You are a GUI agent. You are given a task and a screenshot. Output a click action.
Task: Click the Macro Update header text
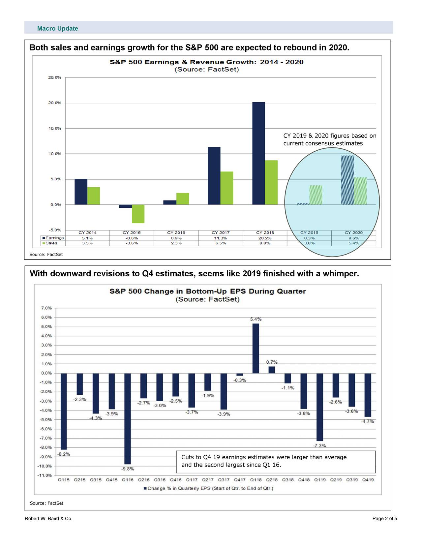click(57, 29)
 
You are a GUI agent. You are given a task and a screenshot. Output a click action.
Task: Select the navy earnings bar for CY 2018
click(258, 153)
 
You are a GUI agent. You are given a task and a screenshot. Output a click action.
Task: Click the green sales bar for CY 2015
click(138, 214)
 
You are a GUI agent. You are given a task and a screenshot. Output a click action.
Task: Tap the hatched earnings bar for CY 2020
click(347, 180)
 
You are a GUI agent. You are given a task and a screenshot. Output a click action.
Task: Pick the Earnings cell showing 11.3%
click(220, 238)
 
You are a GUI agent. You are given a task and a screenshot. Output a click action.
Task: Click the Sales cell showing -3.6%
click(132, 243)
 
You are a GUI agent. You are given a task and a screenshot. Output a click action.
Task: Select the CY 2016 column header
click(176, 233)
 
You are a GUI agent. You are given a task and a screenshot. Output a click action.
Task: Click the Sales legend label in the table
click(51, 243)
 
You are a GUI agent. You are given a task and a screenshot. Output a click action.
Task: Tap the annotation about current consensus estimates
click(329, 140)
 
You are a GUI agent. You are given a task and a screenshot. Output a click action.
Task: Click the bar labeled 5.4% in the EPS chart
click(256, 348)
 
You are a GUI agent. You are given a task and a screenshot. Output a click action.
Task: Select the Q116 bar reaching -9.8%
click(128, 419)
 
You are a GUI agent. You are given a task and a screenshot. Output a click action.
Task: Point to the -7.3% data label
click(319, 446)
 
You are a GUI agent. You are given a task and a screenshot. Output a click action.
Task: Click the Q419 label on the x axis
click(368, 480)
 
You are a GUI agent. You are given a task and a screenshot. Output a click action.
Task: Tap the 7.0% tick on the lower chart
click(46, 308)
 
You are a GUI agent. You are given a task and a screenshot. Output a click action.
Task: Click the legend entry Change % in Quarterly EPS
click(208, 488)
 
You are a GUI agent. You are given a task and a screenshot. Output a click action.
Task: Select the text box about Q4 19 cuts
click(276, 461)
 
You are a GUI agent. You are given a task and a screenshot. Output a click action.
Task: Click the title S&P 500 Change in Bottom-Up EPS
click(208, 291)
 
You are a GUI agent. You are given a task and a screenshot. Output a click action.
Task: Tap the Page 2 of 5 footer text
click(384, 519)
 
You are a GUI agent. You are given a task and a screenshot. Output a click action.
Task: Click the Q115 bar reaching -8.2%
click(64, 411)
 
